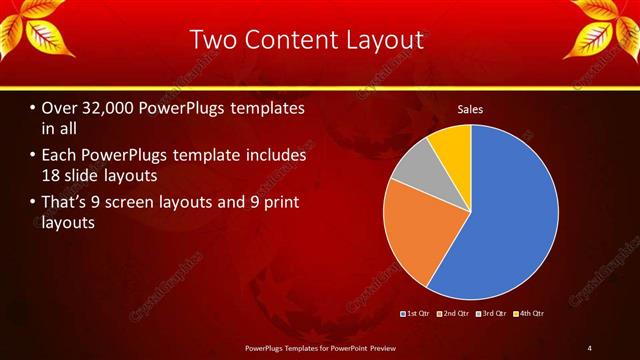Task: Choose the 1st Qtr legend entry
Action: tap(417, 314)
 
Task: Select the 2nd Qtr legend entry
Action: tap(454, 314)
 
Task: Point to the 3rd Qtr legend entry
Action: tap(492, 314)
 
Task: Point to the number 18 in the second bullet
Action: tap(54, 176)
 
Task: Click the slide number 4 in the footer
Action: tap(589, 347)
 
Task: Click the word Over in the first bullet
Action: tap(61, 108)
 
